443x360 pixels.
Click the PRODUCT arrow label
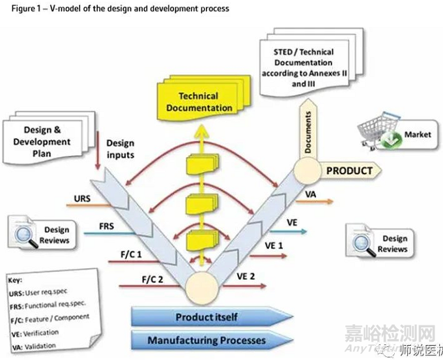(x=349, y=171)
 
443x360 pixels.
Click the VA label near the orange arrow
(x=311, y=194)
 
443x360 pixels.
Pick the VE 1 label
(x=273, y=245)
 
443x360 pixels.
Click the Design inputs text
(x=120, y=149)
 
